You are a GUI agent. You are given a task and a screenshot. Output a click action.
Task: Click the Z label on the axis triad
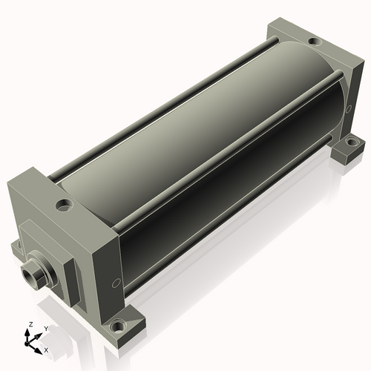pos(30,324)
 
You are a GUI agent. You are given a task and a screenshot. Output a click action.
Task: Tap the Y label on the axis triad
pos(46,329)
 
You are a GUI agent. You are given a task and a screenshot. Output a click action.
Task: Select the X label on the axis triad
pos(46,350)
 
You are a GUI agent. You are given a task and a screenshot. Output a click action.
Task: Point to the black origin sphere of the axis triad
pos(27,344)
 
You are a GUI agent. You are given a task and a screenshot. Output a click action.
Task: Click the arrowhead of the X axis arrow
pos(38,350)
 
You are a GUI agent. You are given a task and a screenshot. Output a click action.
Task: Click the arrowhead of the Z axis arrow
pos(27,332)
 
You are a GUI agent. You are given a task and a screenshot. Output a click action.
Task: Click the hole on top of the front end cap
pos(65,205)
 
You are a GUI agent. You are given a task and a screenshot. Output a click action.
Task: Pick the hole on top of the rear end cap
pos(315,42)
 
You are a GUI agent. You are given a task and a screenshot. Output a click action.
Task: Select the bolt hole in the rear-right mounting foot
pos(351,142)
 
